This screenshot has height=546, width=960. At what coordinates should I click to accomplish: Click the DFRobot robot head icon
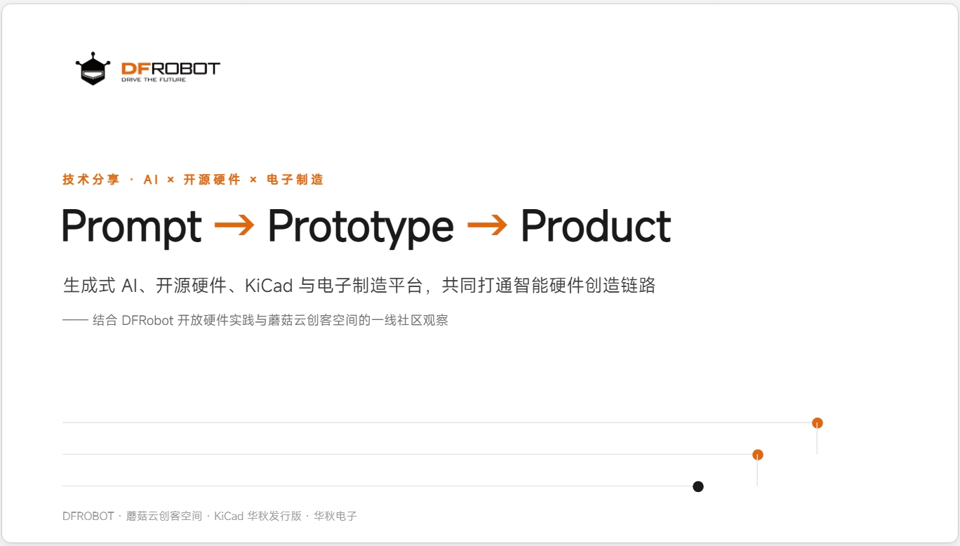(x=93, y=69)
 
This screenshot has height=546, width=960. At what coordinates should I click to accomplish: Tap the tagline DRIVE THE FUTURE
(x=154, y=80)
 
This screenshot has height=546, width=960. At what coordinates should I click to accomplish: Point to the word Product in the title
(x=596, y=226)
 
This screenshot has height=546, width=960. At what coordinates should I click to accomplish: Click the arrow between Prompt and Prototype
(x=234, y=225)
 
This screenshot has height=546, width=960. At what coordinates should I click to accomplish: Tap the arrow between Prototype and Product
(x=487, y=225)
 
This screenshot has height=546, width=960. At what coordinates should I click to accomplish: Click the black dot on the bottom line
(x=698, y=486)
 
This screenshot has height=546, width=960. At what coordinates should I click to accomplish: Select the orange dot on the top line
(x=818, y=423)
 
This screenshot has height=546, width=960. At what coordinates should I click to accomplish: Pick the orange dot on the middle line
(x=758, y=455)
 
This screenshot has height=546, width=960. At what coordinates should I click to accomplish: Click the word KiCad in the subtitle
(x=269, y=286)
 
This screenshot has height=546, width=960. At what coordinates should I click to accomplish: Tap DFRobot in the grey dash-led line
(x=147, y=321)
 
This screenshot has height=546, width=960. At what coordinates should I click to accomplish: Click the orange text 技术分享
(x=91, y=180)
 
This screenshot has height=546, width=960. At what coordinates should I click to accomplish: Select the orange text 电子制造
(x=295, y=180)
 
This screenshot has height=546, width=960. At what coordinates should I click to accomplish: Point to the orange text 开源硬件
(x=212, y=180)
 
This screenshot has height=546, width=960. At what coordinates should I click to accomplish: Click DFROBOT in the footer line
(x=88, y=516)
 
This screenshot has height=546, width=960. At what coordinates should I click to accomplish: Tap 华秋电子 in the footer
(x=335, y=516)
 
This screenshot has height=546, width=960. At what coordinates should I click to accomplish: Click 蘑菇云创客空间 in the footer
(x=164, y=516)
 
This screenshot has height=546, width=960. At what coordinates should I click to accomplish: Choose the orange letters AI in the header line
(x=151, y=180)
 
